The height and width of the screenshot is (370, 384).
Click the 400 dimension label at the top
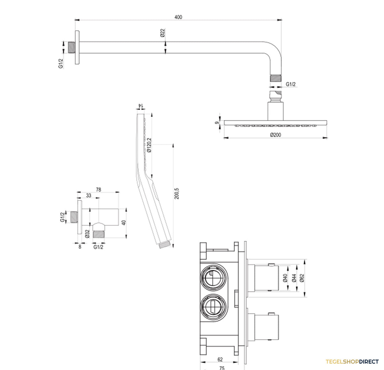point(178,17)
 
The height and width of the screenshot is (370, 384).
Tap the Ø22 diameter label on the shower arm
point(163,33)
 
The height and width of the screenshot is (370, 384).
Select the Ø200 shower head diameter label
point(276,135)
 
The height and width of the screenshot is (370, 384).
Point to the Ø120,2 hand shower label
point(149,145)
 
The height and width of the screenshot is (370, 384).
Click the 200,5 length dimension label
point(177,194)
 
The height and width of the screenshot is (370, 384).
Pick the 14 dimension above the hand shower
point(141,105)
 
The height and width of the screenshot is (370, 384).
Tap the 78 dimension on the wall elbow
point(99,189)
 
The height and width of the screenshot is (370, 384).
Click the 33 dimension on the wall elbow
point(89,195)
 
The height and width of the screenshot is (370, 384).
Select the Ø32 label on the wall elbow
point(87,234)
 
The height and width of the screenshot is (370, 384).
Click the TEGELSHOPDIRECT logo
point(352,362)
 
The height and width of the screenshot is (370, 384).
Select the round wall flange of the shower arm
point(77,47)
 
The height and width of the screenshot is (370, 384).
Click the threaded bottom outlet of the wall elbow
point(99,234)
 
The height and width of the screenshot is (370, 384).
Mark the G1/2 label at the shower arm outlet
point(291,84)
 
